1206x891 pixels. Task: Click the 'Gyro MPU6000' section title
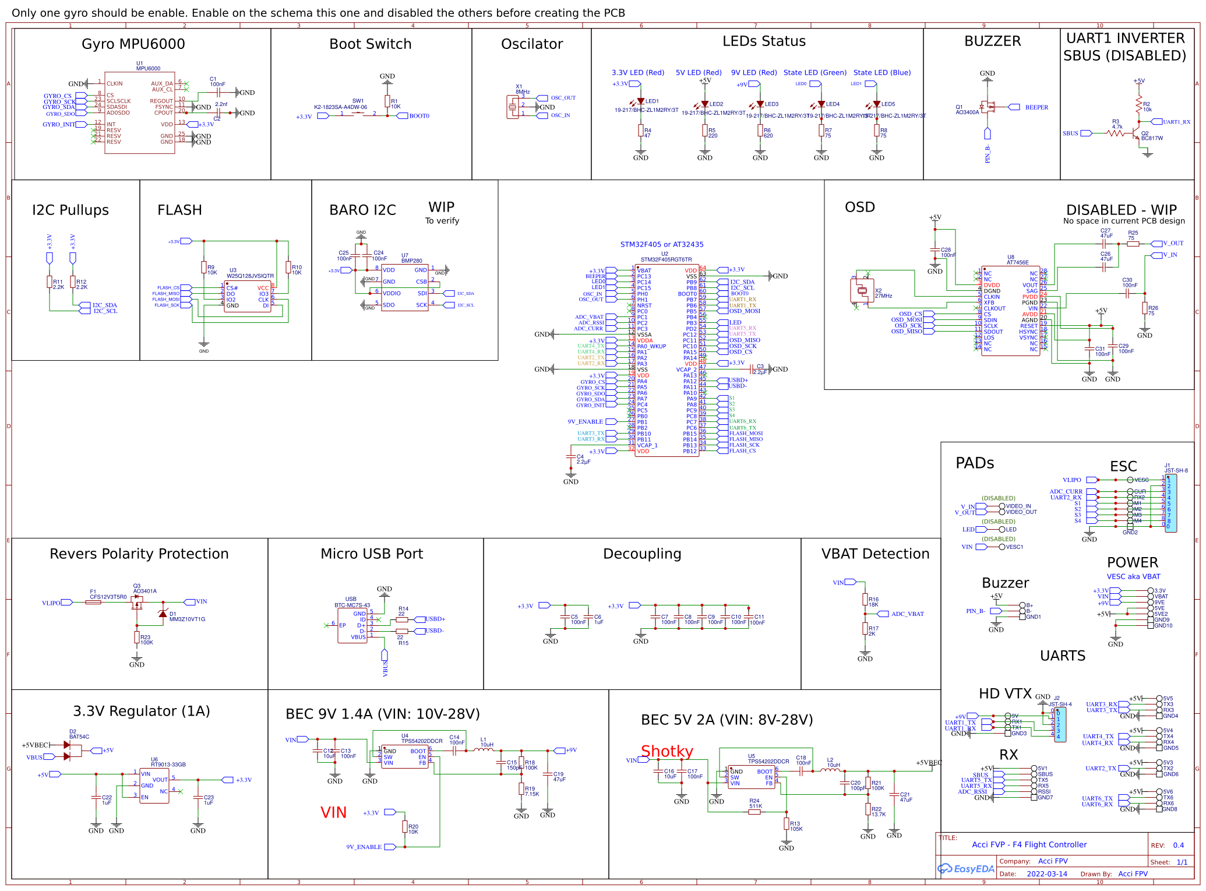click(133, 44)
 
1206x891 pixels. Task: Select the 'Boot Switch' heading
click(370, 44)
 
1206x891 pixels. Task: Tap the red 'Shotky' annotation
click(667, 751)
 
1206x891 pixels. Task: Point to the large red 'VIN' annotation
click(333, 812)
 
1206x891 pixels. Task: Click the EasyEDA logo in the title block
click(965, 869)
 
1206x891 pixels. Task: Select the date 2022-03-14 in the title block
click(1046, 874)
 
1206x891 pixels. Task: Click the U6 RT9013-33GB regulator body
click(154, 786)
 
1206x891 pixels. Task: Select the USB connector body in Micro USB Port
click(352, 626)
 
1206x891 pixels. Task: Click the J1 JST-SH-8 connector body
click(1170, 503)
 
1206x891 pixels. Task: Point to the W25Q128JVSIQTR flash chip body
click(248, 296)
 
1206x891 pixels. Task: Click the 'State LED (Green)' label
click(814, 73)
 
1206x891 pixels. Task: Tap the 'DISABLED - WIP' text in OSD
click(1121, 210)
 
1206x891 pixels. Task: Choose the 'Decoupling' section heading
click(642, 554)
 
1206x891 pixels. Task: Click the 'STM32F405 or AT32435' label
click(661, 245)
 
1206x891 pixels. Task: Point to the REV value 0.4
click(1178, 845)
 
